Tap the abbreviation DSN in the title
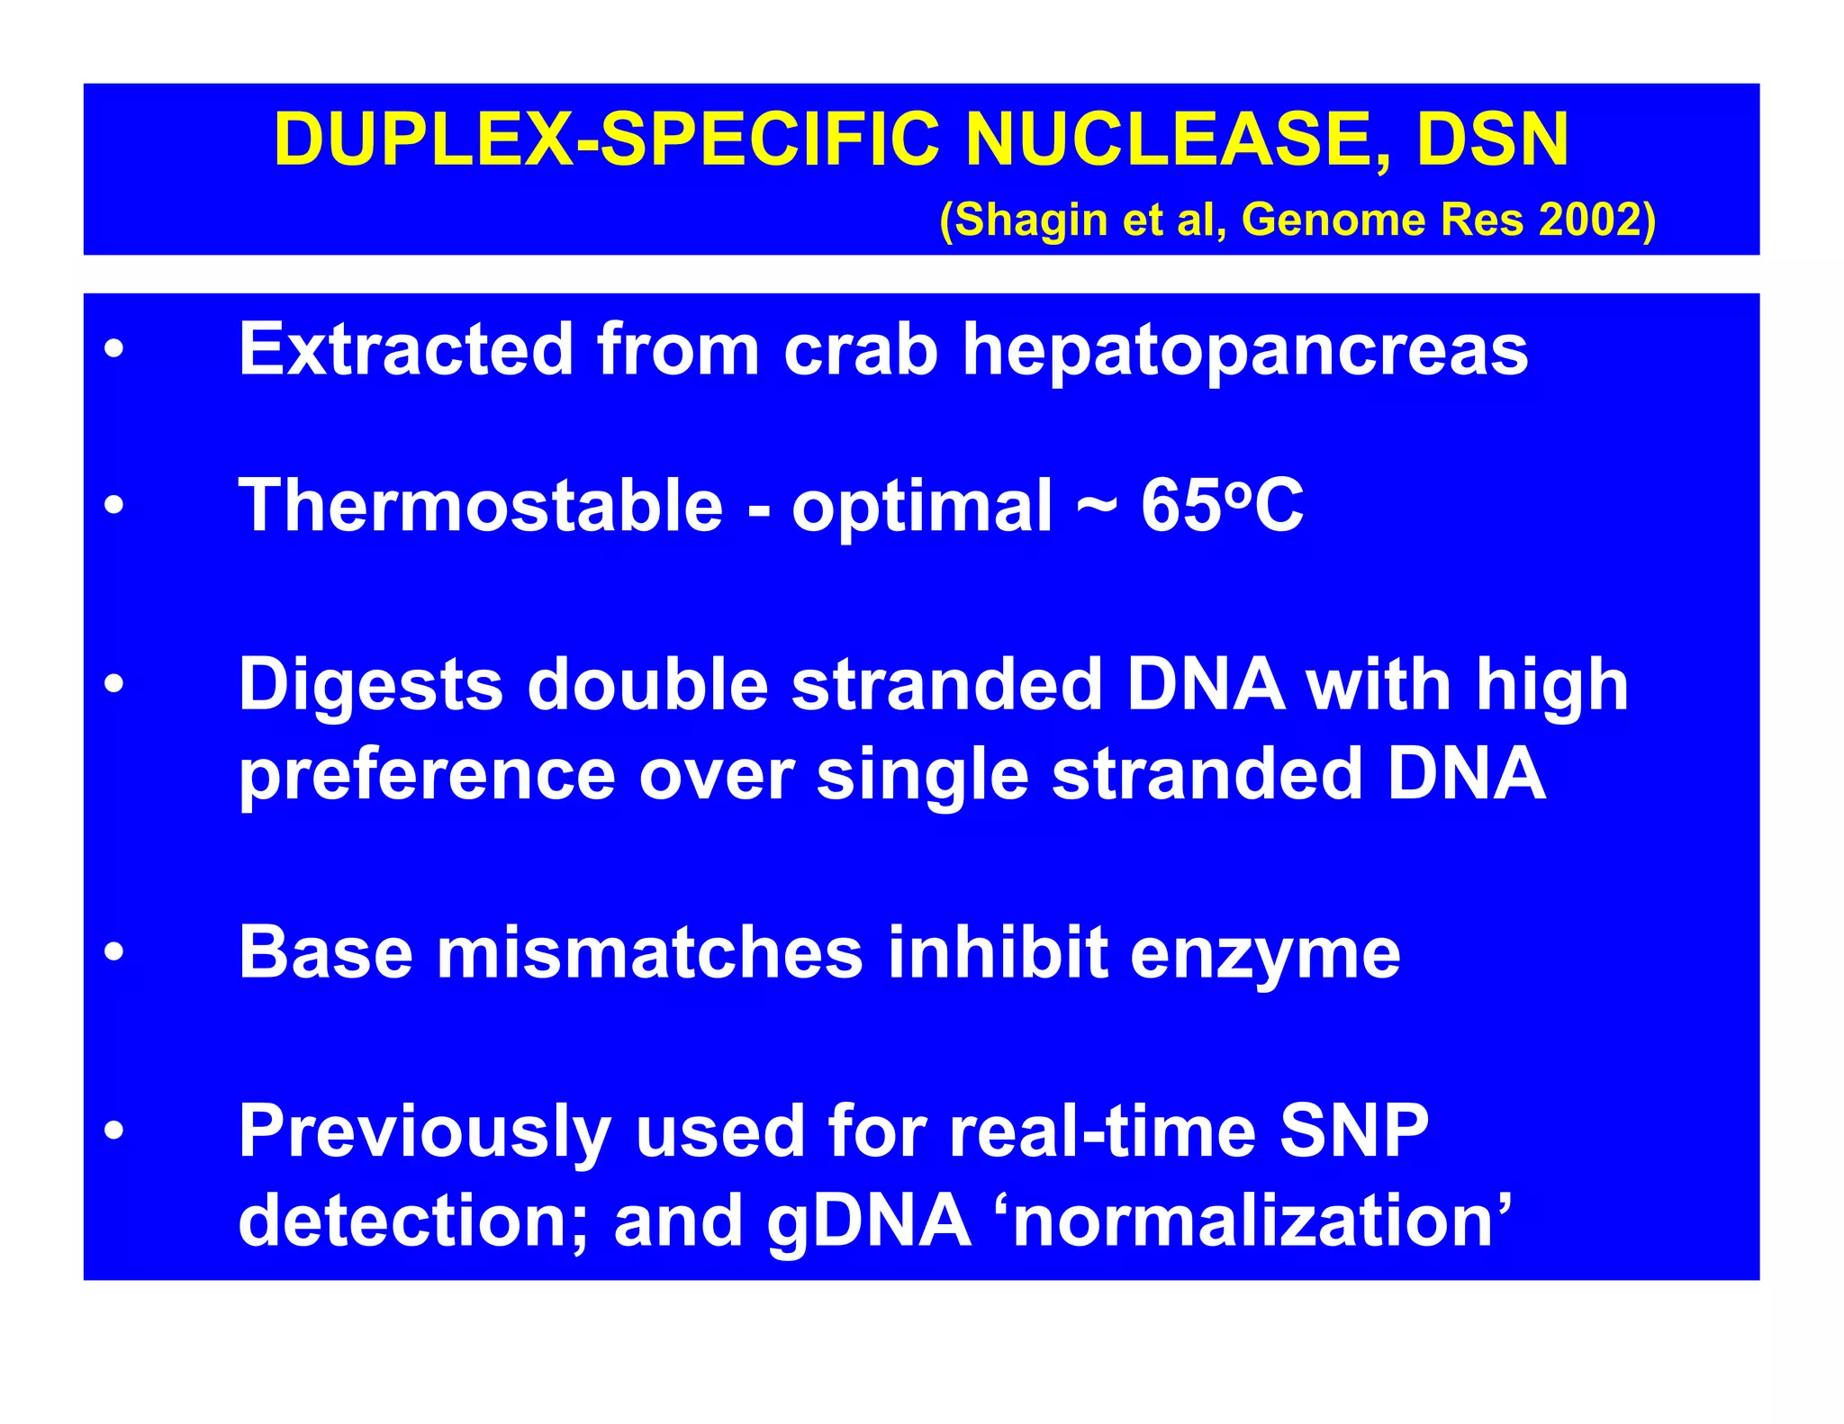point(1492,140)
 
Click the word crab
point(861,349)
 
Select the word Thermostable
point(481,505)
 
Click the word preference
point(427,776)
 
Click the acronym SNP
point(1353,1131)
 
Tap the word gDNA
point(869,1222)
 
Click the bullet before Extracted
point(113,349)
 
